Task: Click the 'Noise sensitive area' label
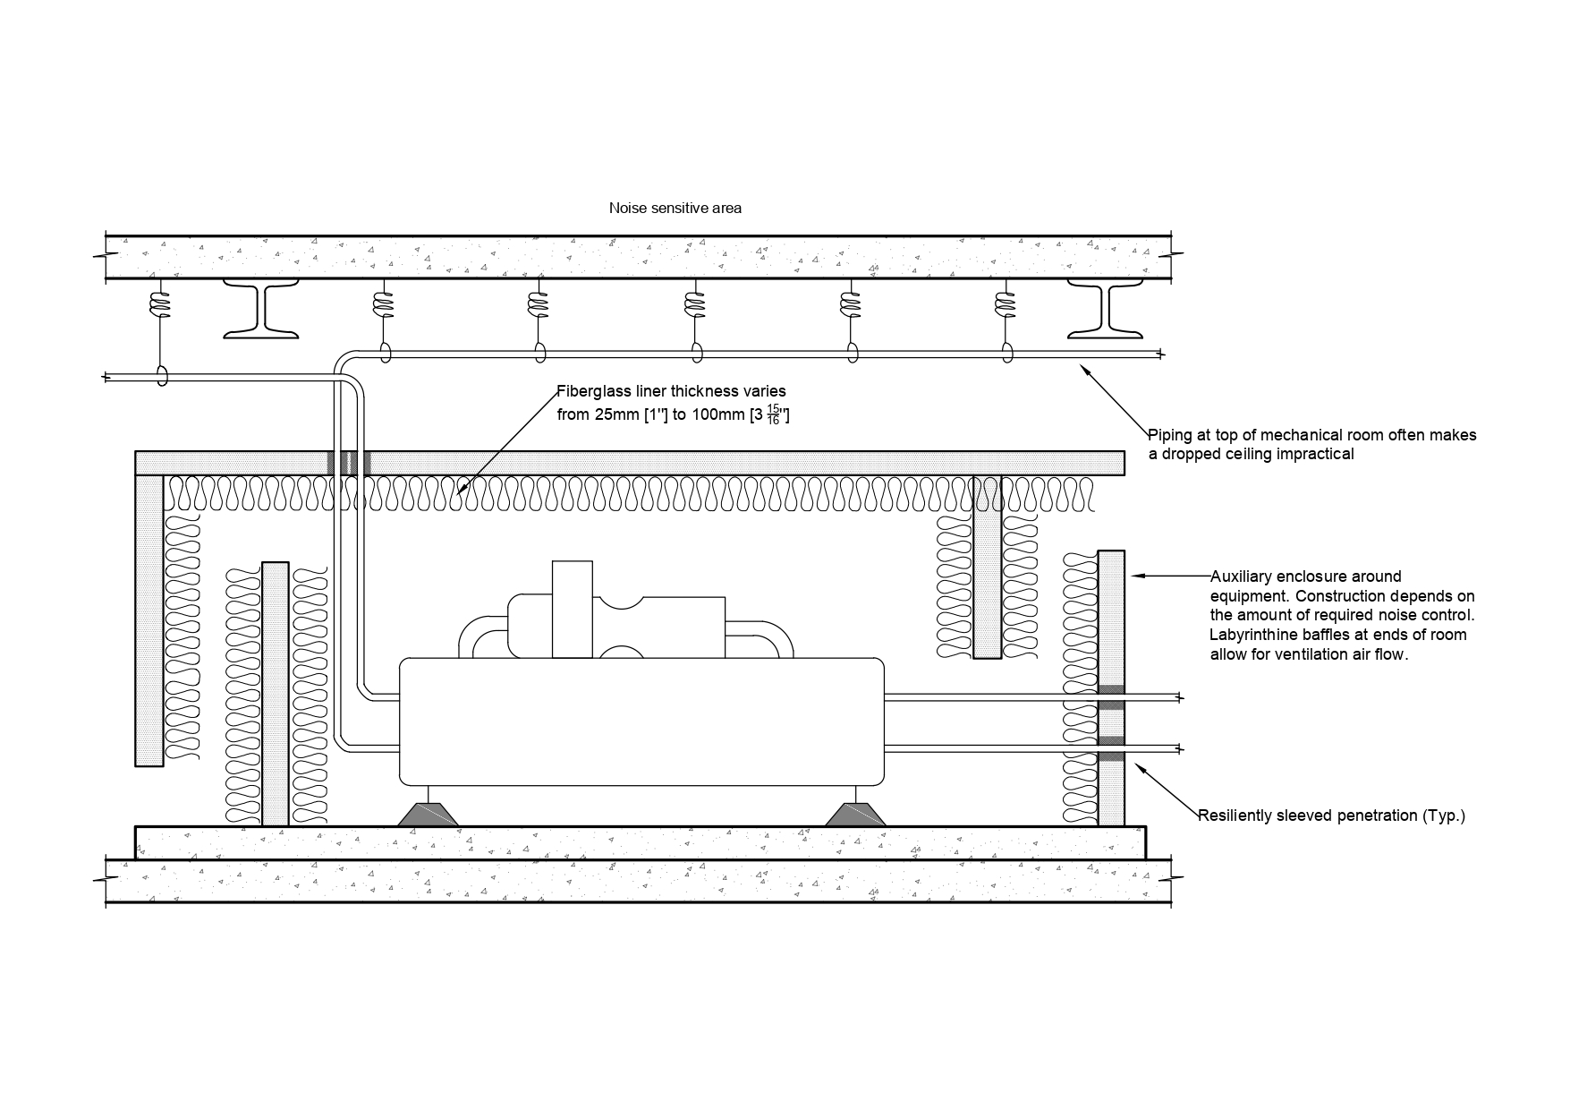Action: pos(675,208)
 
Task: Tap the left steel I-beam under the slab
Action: pos(260,309)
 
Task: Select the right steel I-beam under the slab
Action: pos(1105,309)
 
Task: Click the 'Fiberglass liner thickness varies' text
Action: pos(671,391)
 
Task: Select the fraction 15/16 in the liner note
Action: pos(773,414)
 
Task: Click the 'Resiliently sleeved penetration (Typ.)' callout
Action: pos(1331,815)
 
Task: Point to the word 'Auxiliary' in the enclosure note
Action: pos(1243,576)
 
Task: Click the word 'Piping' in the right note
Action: pos(1168,435)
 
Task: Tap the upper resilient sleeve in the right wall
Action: pos(1111,696)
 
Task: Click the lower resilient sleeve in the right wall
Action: pos(1111,748)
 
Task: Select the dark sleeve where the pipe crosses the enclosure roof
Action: pos(348,463)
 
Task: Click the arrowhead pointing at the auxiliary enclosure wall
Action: pos(1137,576)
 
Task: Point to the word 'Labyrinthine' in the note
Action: pos(1249,635)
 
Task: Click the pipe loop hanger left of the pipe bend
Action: pos(163,376)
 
